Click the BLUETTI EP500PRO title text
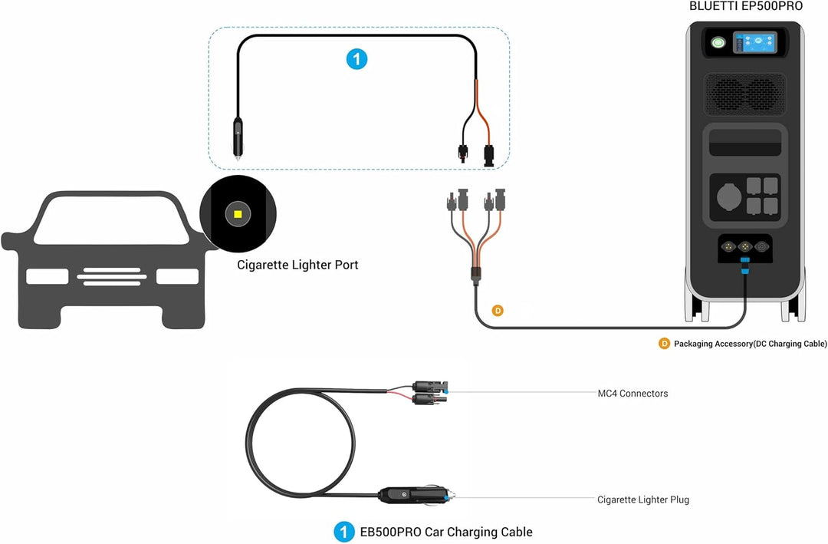746,6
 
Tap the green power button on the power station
718,42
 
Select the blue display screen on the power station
754,43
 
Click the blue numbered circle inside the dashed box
357,58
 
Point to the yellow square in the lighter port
238,214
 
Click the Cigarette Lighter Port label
297,265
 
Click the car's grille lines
112,276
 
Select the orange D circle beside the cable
498,310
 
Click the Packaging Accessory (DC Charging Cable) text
750,344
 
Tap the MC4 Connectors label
632,394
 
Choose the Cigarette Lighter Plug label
643,499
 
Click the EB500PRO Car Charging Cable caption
446,532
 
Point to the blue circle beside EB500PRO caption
344,532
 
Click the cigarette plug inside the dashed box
238,137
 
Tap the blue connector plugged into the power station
745,265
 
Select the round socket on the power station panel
729,197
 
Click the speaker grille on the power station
745,94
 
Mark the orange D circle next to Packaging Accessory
664,344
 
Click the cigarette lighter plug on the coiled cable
415,495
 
